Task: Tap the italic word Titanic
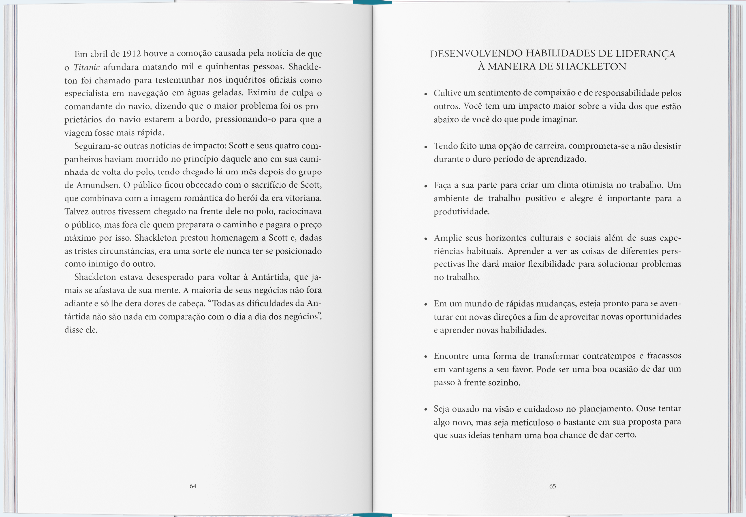pyautogui.click(x=87, y=67)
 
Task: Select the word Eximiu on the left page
pyautogui.click(x=262, y=93)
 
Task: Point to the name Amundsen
pyautogui.click(x=97, y=185)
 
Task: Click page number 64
pyautogui.click(x=193, y=486)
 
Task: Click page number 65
pyautogui.click(x=552, y=486)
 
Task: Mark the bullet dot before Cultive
pyautogui.click(x=425, y=94)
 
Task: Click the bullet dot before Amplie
pyautogui.click(x=425, y=239)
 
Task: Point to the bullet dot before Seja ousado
pyautogui.click(x=425, y=410)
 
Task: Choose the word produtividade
pyautogui.click(x=462, y=212)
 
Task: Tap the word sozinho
pyautogui.click(x=503, y=383)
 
